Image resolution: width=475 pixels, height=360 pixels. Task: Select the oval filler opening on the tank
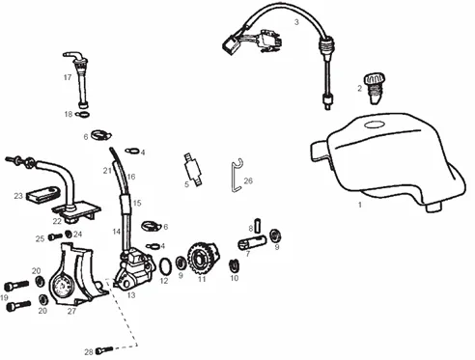(375, 125)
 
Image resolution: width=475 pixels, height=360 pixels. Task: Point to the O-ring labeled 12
(166, 266)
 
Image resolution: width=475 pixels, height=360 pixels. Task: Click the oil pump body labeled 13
(134, 270)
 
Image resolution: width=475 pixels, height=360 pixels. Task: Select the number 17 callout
(68, 77)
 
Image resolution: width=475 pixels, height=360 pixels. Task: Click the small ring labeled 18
(82, 114)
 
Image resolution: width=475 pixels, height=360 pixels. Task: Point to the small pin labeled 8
(258, 226)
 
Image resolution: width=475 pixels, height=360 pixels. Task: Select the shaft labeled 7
(252, 242)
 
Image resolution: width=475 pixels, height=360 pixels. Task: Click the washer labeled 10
(235, 264)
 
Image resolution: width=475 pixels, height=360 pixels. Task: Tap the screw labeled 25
(55, 237)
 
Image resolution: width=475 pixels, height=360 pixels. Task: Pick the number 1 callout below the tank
(360, 205)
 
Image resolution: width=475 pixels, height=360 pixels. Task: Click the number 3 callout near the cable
(296, 22)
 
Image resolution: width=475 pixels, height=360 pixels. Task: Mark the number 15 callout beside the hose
(137, 203)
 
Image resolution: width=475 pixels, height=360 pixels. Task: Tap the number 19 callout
(4, 297)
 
